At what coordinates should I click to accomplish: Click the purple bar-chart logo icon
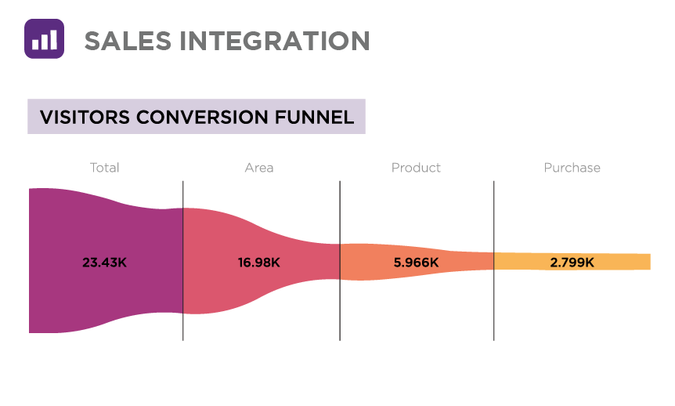click(44, 38)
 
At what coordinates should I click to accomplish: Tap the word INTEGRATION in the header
click(273, 40)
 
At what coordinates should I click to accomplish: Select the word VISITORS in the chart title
click(85, 118)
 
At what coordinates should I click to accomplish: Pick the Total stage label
click(104, 168)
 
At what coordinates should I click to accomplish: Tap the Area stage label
click(259, 168)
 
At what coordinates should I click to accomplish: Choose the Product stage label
click(416, 168)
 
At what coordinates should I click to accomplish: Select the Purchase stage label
click(572, 168)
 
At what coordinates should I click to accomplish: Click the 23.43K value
click(104, 263)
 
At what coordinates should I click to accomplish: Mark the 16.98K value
click(259, 263)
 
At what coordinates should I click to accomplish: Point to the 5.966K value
click(416, 263)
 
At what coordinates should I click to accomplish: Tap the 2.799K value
click(572, 263)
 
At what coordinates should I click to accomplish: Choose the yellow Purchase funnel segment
click(619, 262)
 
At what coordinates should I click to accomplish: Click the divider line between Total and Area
click(183, 329)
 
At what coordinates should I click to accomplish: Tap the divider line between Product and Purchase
click(494, 314)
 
